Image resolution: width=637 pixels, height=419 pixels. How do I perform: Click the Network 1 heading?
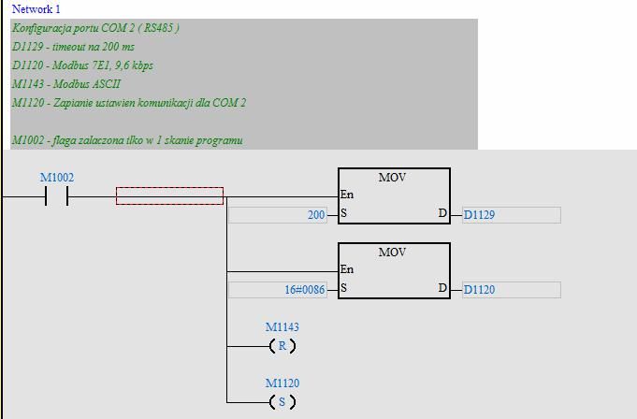36,8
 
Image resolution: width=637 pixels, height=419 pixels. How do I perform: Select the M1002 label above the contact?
56,178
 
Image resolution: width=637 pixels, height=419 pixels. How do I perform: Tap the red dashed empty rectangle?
169,195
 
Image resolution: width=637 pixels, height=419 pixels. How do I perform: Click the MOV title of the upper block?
393,178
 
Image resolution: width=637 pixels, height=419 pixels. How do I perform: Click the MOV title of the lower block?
393,253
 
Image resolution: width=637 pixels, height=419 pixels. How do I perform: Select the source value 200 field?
278,215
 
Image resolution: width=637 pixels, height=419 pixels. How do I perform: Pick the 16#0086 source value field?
278,290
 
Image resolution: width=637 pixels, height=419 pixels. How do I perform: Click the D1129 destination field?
511,215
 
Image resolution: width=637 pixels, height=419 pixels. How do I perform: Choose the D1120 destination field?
511,290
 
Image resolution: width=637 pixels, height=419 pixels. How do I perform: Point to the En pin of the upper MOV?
347,195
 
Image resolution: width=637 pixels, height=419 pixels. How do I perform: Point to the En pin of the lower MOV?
347,270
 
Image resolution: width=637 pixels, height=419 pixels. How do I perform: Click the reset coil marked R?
282,346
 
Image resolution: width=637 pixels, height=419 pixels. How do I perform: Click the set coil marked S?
282,402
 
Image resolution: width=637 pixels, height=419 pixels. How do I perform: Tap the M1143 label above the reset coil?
282,327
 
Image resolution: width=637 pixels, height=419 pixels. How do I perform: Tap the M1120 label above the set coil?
282,383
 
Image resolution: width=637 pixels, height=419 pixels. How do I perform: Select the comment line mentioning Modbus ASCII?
66,84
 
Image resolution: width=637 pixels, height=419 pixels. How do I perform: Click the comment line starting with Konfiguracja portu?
95,28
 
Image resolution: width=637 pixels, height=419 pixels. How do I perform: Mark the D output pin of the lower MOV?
442,288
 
